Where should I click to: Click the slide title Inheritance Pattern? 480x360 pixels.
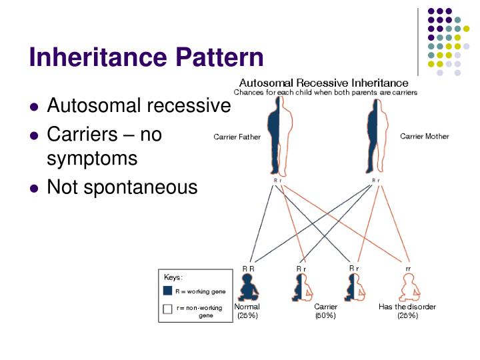[146, 58]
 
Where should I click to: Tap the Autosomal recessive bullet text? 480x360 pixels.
[139, 106]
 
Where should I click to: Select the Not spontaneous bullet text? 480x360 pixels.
[122, 187]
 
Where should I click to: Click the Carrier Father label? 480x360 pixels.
[237, 137]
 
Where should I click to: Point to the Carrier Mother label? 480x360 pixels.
[424, 137]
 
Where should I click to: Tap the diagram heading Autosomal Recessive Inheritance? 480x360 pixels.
[325, 83]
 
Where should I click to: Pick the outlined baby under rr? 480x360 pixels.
[407, 287]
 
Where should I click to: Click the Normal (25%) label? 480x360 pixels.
[247, 311]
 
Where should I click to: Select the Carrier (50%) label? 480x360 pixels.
[325, 311]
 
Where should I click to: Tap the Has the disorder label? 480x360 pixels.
[407, 307]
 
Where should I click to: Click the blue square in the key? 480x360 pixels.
[168, 291]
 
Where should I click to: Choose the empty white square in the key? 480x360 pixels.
[168, 309]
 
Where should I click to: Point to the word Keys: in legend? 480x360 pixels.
[173, 276]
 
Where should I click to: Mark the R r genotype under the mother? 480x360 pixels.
[375, 181]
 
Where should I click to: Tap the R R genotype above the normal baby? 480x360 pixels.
[247, 268]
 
